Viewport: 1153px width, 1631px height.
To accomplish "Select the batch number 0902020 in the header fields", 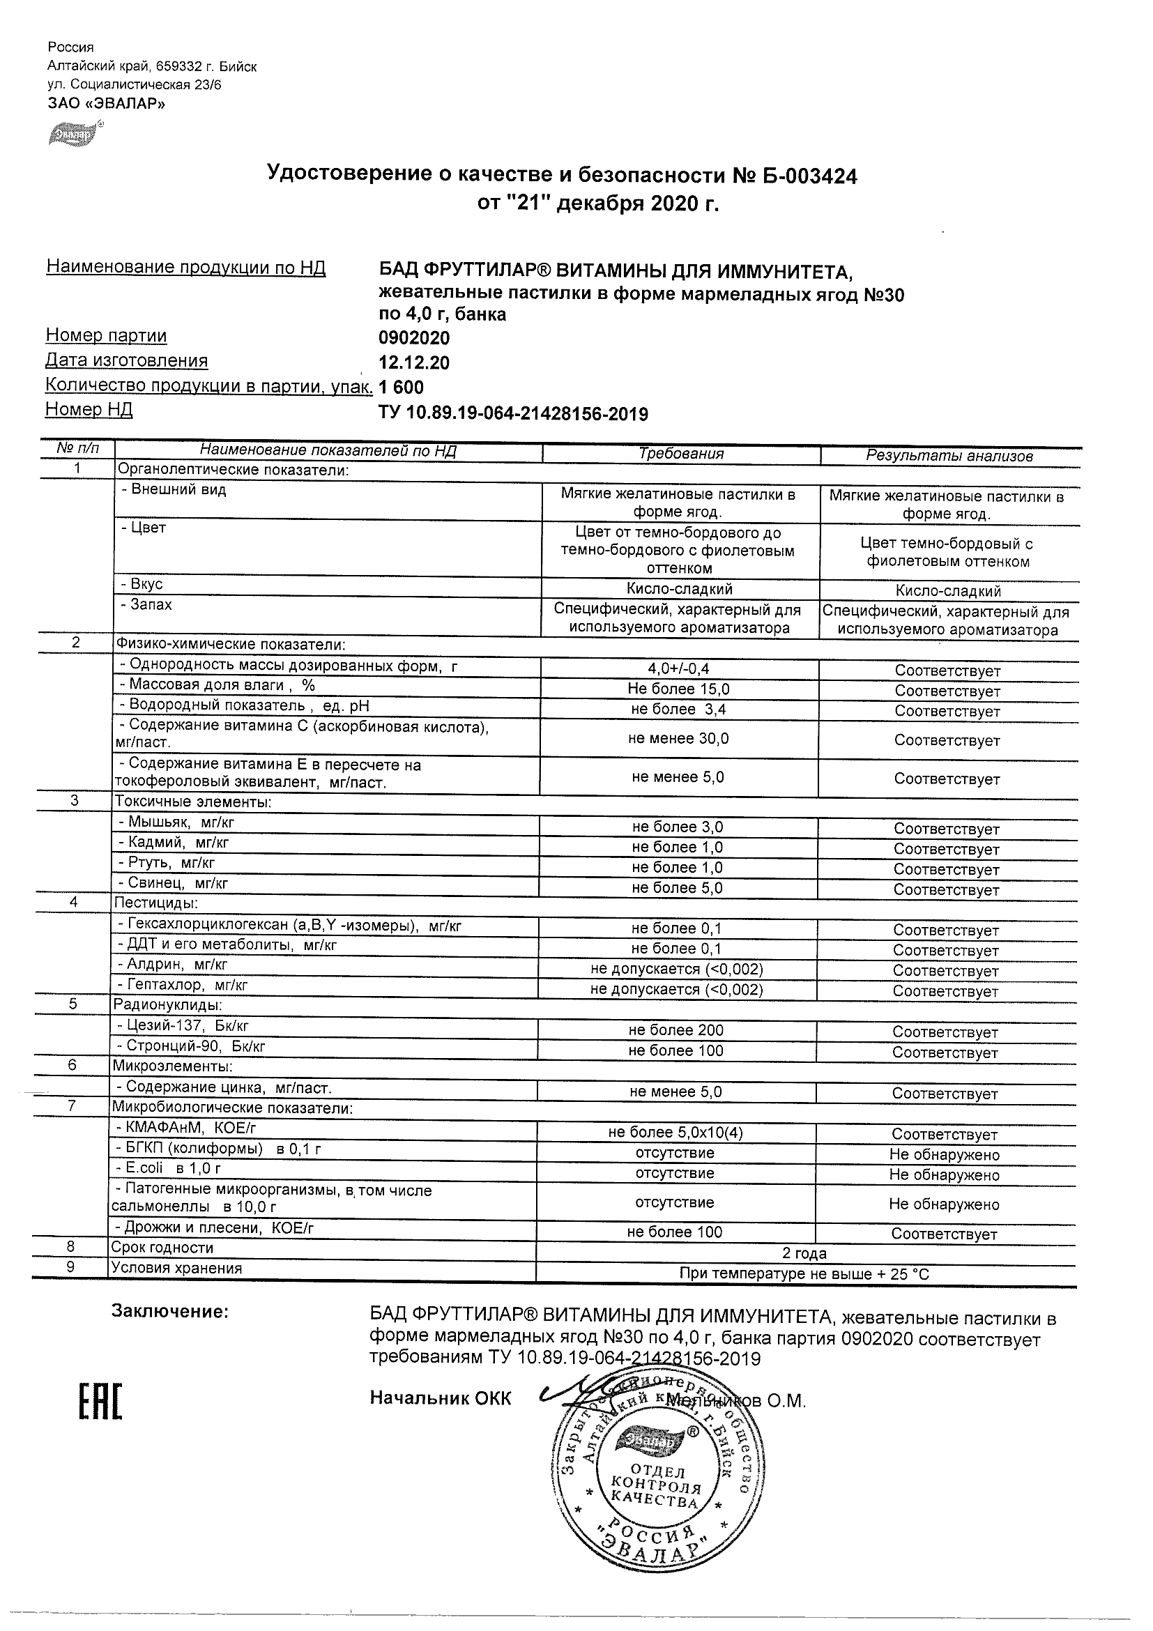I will (x=414, y=338).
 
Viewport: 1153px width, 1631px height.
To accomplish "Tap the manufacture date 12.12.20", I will (x=414, y=363).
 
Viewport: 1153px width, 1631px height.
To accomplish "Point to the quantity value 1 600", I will (x=402, y=388).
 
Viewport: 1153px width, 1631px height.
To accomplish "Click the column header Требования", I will (x=680, y=454).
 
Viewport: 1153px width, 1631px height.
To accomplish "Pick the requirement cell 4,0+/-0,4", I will (x=678, y=668).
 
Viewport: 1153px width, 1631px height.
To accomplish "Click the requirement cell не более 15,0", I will (x=678, y=689).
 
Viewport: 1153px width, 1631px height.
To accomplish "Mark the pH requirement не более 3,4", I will (x=678, y=709).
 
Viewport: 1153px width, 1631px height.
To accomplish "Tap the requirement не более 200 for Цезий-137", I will (x=675, y=1030).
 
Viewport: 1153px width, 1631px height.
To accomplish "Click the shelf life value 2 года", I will (x=804, y=1253).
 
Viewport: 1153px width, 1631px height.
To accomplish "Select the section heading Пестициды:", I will (x=155, y=903).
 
